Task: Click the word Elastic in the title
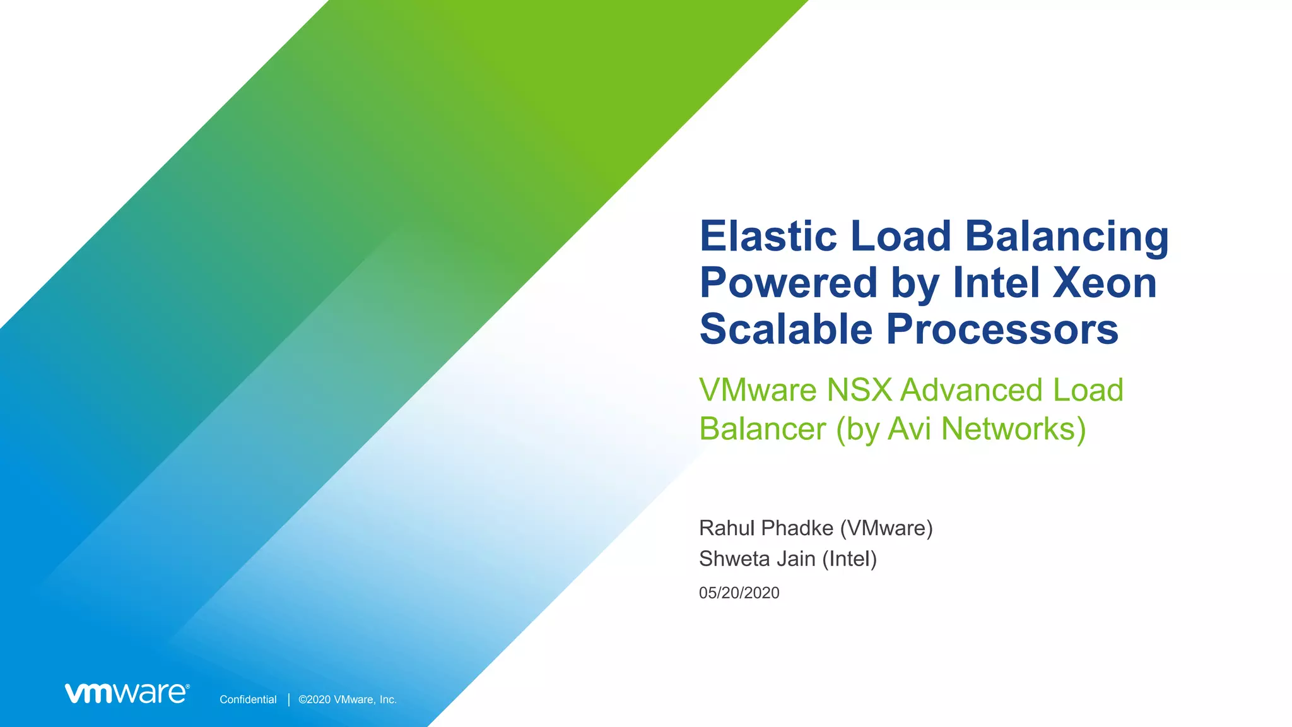click(x=768, y=236)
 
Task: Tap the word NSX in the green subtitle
click(x=859, y=390)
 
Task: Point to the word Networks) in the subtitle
click(x=1013, y=429)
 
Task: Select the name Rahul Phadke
click(x=766, y=528)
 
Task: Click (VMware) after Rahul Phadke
click(x=886, y=528)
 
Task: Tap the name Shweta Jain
click(x=757, y=559)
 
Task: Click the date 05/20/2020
click(x=739, y=593)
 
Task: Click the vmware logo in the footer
click(x=127, y=693)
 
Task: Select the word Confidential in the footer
click(x=248, y=699)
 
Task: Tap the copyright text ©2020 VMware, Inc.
click(x=347, y=699)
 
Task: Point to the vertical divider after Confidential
click(x=289, y=699)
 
